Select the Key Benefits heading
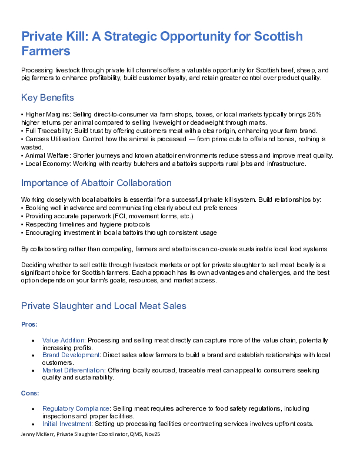(x=47, y=97)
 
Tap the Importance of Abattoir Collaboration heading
(x=96, y=183)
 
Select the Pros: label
(x=29, y=324)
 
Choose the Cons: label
(x=30, y=392)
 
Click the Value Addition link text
(x=64, y=340)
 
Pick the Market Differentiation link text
(x=73, y=370)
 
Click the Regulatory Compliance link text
(x=76, y=408)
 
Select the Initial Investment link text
(x=66, y=424)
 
